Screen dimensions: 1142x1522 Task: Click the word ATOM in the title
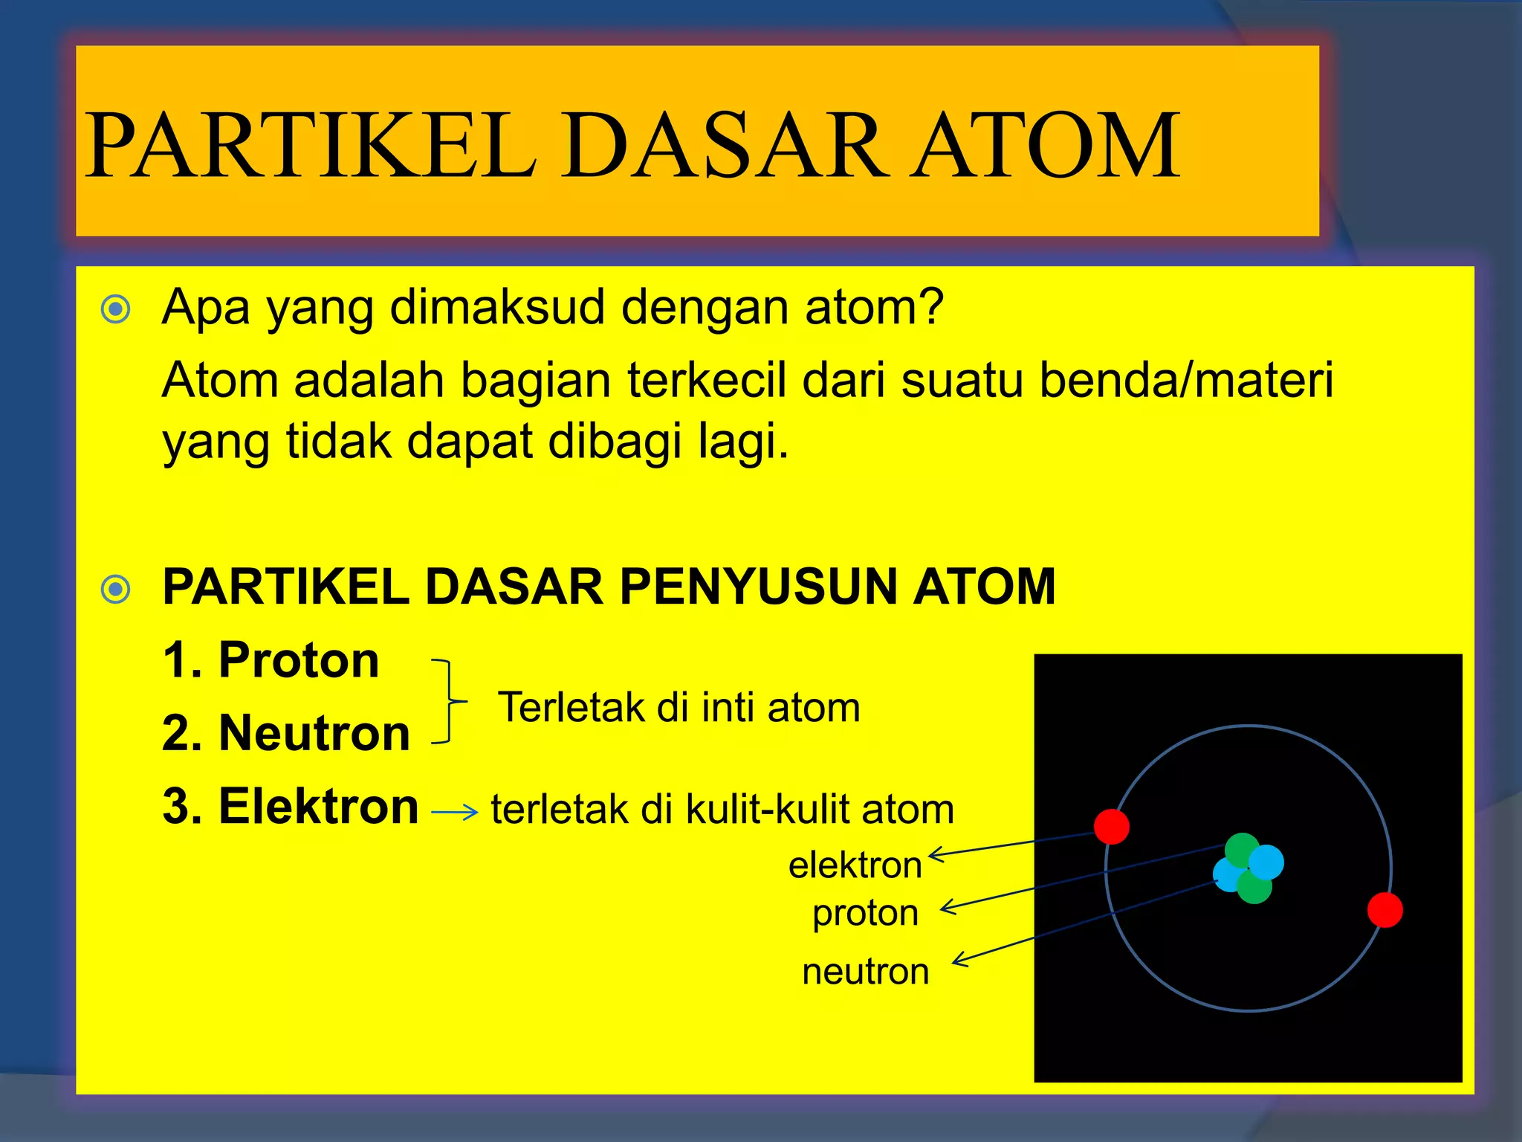1046,145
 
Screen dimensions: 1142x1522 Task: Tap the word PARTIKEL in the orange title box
311,145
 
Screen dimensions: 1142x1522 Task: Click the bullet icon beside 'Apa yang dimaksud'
116,309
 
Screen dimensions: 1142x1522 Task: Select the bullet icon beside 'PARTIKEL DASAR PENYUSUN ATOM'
116,590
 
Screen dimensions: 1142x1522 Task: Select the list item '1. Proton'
271,659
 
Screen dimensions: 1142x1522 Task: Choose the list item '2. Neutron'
286,733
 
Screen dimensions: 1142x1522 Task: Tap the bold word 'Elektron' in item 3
319,806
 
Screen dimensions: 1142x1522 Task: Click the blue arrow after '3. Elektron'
454,813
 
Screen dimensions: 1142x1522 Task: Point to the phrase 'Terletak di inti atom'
679,707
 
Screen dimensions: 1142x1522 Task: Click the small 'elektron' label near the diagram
855,865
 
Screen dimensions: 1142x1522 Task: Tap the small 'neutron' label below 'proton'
866,972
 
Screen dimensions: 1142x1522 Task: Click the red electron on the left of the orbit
1111,826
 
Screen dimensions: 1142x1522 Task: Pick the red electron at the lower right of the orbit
1385,910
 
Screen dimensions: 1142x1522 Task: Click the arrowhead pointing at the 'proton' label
947,907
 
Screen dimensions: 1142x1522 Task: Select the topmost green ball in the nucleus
1240,849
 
